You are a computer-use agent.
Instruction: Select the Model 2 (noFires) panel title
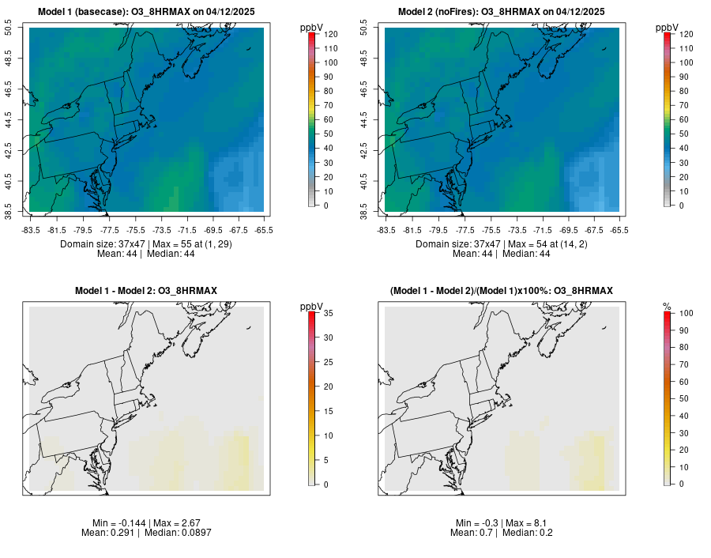click(502, 12)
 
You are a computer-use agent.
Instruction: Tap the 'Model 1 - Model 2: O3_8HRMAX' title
click(146, 292)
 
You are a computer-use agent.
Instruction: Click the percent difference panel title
click(502, 292)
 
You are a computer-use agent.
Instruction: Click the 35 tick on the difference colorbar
click(328, 314)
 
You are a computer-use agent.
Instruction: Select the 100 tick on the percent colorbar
click(687, 314)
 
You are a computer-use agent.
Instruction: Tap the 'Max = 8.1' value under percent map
click(525, 523)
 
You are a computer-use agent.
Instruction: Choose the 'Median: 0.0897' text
click(172, 533)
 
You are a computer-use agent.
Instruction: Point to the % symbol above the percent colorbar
click(667, 307)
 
